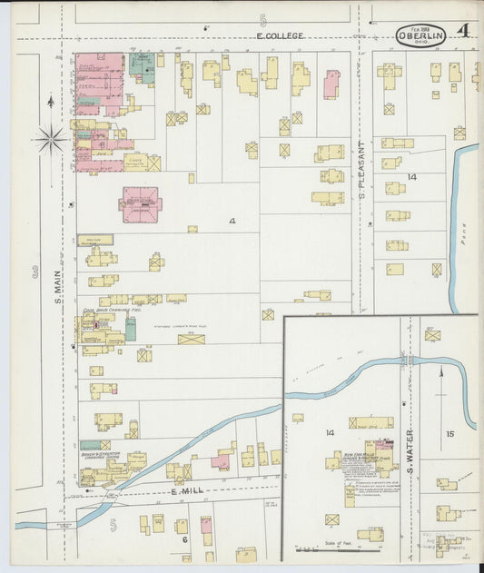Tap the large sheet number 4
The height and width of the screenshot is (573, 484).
pos(462,31)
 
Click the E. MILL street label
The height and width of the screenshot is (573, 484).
pos(185,491)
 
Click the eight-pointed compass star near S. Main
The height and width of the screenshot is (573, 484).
pos(50,139)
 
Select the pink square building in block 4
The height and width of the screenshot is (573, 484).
pos(141,204)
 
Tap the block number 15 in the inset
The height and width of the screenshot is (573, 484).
pos(449,434)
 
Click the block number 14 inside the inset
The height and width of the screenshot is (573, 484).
pos(331,433)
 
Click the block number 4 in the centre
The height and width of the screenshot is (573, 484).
pos(232,221)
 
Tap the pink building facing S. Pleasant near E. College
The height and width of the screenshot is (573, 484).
pos(331,85)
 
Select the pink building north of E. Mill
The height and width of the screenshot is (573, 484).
pos(221,462)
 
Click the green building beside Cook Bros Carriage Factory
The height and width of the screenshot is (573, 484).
pos(131,329)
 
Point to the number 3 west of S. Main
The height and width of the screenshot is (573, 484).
pos(35,271)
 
